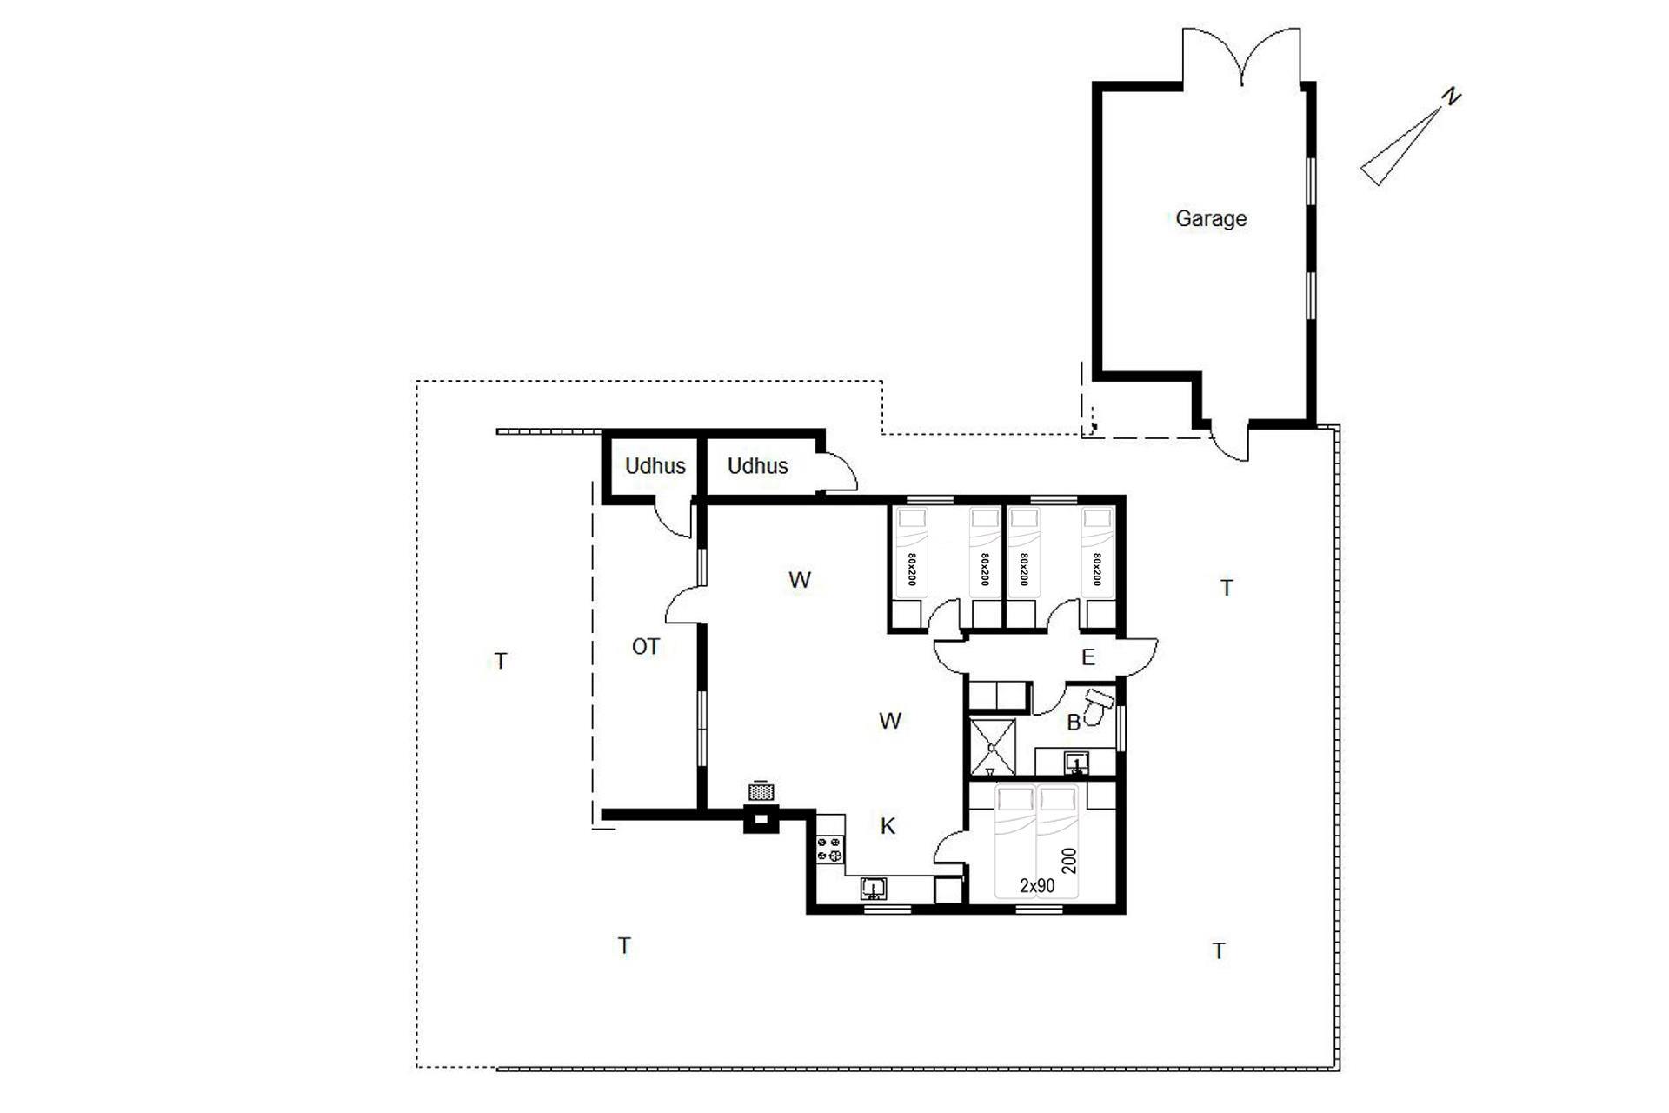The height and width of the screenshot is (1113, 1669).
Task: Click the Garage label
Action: pos(1211,218)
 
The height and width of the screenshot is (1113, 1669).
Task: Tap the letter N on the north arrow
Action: pos(1450,97)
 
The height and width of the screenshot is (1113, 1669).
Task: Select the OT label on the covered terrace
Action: pos(645,647)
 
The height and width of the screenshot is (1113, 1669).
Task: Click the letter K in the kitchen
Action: pos(888,826)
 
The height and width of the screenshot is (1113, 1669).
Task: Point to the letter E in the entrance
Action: pos(1088,657)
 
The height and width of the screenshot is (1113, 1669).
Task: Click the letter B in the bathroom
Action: pos(1074,723)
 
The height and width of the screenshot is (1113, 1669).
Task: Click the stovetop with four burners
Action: pos(830,850)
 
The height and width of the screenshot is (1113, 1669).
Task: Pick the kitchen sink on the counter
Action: pos(874,889)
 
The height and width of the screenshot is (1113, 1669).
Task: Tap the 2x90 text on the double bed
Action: pos(1037,885)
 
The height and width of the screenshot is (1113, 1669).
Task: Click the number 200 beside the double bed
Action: pos(1069,861)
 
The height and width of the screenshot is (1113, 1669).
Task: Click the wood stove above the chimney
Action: pos(761,790)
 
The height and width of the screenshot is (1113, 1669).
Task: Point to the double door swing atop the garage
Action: pos(1242,56)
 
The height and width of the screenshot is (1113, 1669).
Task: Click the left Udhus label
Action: pos(655,466)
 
